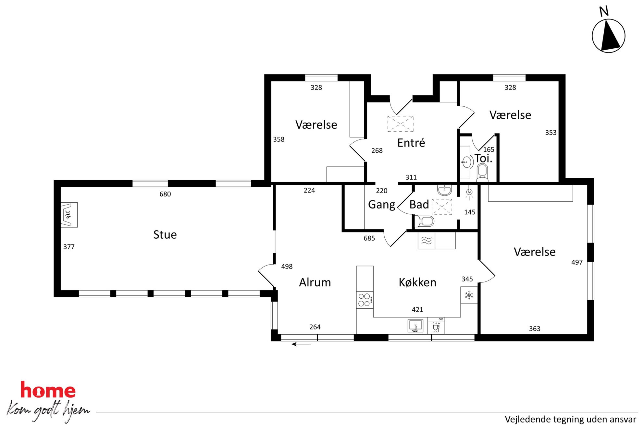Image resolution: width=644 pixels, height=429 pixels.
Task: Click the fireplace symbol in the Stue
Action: click(x=69, y=215)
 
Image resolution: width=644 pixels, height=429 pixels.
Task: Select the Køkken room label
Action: click(x=417, y=282)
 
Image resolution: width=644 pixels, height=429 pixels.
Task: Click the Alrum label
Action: click(x=315, y=282)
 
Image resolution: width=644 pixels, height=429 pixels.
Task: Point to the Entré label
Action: click(x=411, y=143)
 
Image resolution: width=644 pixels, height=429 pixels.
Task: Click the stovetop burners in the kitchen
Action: click(x=365, y=300)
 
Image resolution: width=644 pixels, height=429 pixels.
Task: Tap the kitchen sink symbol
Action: click(x=415, y=326)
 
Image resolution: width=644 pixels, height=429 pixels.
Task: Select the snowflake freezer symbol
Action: click(x=469, y=295)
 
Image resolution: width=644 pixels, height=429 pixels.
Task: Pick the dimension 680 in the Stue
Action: click(x=165, y=194)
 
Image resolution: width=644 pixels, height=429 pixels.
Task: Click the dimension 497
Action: click(x=577, y=262)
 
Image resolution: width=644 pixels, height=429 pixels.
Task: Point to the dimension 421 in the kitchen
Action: click(x=417, y=310)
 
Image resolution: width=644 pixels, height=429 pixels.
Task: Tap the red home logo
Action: click(x=48, y=390)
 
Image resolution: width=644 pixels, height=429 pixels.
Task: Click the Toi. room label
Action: click(x=483, y=158)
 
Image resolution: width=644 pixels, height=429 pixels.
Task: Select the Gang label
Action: click(x=382, y=205)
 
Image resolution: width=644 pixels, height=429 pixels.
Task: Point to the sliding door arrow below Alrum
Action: click(x=301, y=344)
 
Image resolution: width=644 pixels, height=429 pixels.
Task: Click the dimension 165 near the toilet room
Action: click(x=489, y=149)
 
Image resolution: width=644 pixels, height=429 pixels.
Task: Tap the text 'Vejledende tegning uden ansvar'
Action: click(x=570, y=420)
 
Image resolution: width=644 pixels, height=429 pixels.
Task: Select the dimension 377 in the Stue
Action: click(x=69, y=247)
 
